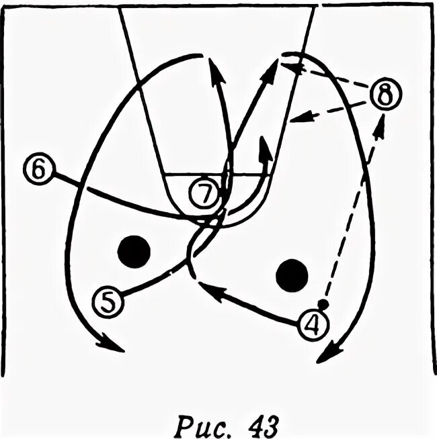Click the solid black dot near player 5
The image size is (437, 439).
click(x=132, y=251)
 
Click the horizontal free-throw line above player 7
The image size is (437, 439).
click(x=215, y=175)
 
